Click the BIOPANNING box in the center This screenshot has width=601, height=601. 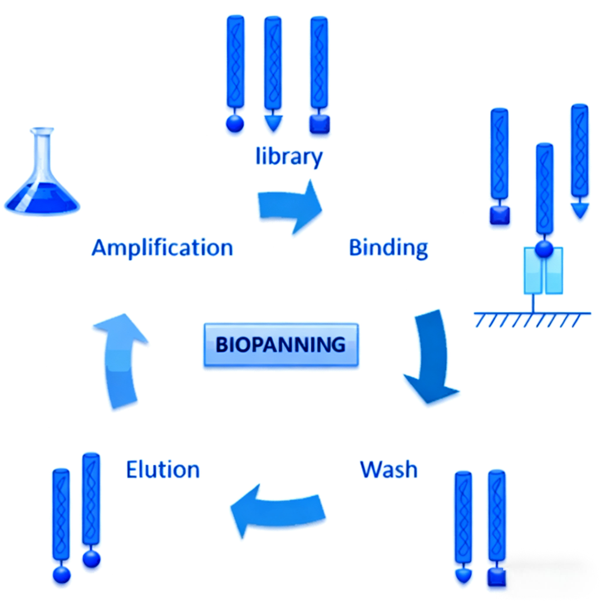coord(280,344)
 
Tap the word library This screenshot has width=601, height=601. coord(289,156)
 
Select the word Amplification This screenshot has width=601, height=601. coord(162,247)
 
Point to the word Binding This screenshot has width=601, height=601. coord(388,247)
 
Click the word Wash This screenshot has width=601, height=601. coord(388,469)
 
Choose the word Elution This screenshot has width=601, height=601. coord(162,469)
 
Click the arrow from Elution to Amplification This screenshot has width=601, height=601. coord(120,359)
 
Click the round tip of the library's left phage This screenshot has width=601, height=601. coord(235,124)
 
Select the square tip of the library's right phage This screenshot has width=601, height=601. coord(319,124)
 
